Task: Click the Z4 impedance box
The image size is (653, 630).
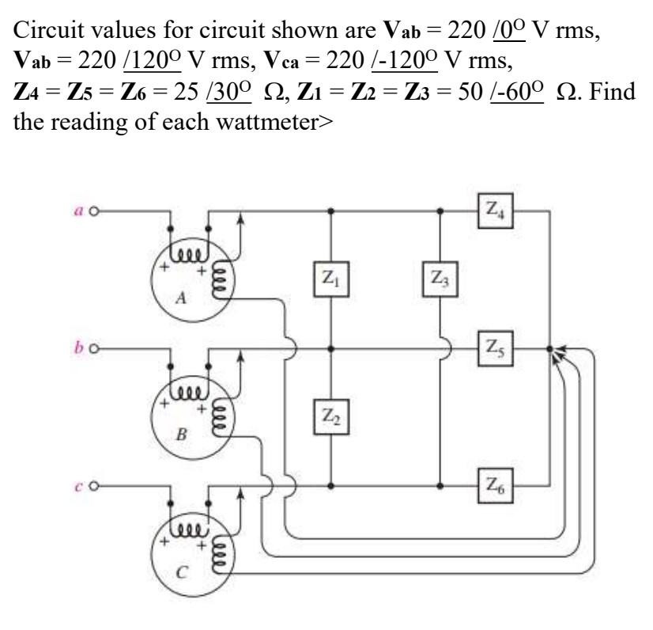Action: [495, 211]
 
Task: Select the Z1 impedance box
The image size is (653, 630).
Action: [331, 279]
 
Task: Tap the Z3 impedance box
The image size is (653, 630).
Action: [440, 279]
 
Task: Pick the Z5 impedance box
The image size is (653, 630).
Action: [495, 348]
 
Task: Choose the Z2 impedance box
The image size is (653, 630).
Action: [331, 416]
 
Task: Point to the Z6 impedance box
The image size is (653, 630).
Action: [495, 486]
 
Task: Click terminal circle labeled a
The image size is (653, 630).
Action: [95, 212]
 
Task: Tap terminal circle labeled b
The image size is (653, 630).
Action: [95, 348]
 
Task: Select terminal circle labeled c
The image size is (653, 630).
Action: [95, 486]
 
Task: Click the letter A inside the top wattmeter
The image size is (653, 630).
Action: [181, 298]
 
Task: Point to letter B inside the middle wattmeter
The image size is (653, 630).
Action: [181, 435]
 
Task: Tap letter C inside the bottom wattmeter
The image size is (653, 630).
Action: [180, 572]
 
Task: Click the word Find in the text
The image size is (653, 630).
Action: [613, 91]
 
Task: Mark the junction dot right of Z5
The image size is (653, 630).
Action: [549, 348]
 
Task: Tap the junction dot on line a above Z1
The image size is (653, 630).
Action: [331, 211]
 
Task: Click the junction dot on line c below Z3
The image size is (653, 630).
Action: [440, 486]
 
